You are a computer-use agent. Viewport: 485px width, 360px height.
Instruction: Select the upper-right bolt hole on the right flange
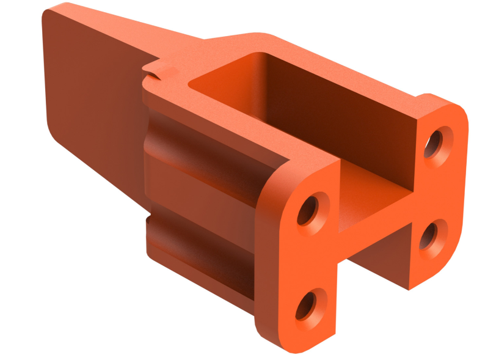coord(437,142)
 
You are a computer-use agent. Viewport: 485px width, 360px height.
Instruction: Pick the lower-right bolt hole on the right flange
coord(432,235)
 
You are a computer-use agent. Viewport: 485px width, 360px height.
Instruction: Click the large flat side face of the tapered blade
coord(92,92)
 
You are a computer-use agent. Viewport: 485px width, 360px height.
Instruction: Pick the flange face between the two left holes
coord(305,260)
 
